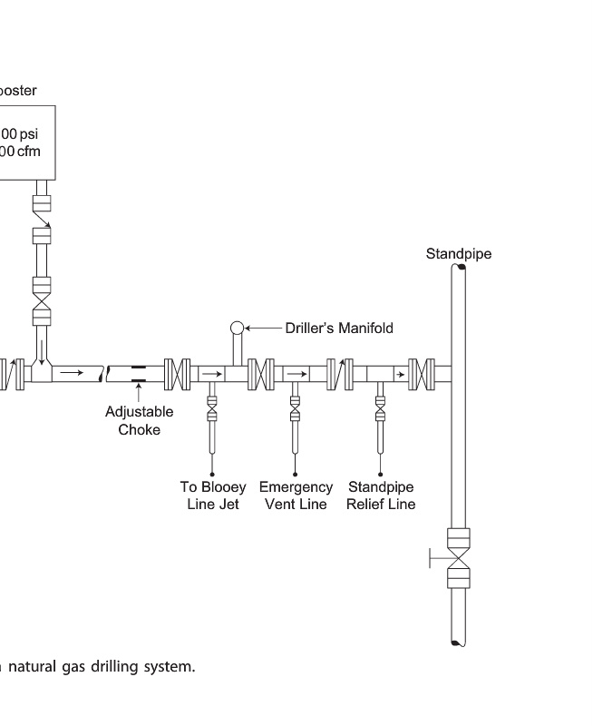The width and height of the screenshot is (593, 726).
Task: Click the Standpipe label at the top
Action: pyautogui.click(x=459, y=254)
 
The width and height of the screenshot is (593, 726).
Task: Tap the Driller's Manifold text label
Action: pyautogui.click(x=339, y=328)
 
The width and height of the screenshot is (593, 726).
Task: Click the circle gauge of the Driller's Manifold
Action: pyautogui.click(x=238, y=328)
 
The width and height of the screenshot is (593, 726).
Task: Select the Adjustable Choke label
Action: pyautogui.click(x=139, y=420)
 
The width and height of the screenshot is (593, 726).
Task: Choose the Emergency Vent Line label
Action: pyautogui.click(x=296, y=495)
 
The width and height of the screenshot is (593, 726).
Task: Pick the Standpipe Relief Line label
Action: pyautogui.click(x=381, y=495)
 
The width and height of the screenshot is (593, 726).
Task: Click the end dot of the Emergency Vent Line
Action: pyautogui.click(x=295, y=474)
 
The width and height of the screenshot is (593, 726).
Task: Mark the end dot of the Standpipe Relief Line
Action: pyautogui.click(x=381, y=474)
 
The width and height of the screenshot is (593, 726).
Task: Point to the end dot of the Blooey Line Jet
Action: pyautogui.click(x=212, y=474)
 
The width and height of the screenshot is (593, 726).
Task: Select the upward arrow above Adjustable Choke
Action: pyautogui.click(x=139, y=391)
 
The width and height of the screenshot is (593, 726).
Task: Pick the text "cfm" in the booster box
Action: pyautogui.click(x=26, y=152)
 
